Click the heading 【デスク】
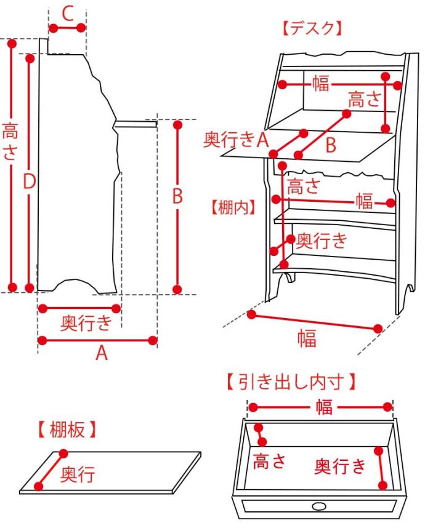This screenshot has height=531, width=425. pyautogui.click(x=311, y=28)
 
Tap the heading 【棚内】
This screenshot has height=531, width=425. pyautogui.click(x=232, y=207)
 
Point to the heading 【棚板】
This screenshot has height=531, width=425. pyautogui.click(x=67, y=429)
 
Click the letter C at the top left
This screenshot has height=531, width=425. pyautogui.click(x=68, y=12)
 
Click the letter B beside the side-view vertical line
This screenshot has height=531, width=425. pyautogui.click(x=177, y=196)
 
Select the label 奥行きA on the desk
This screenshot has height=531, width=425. pyautogui.click(x=237, y=140)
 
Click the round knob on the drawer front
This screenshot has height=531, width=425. pyautogui.click(x=319, y=507)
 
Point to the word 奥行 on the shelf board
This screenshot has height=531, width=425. pyautogui.click(x=77, y=474)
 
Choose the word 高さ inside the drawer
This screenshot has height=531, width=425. pyautogui.click(x=270, y=460)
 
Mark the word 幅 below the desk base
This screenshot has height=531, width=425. pyautogui.click(x=307, y=338)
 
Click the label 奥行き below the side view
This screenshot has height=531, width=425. pyautogui.click(x=87, y=322)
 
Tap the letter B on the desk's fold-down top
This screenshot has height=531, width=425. pyautogui.click(x=331, y=145)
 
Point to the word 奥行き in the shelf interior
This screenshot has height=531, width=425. pyautogui.click(x=322, y=240)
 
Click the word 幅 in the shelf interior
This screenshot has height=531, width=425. pyautogui.click(x=364, y=201)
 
